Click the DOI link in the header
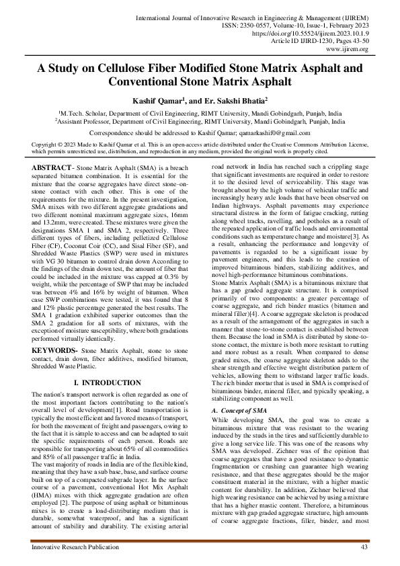(x=326, y=32)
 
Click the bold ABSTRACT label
(x=52, y=166)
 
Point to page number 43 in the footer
(x=364, y=548)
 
